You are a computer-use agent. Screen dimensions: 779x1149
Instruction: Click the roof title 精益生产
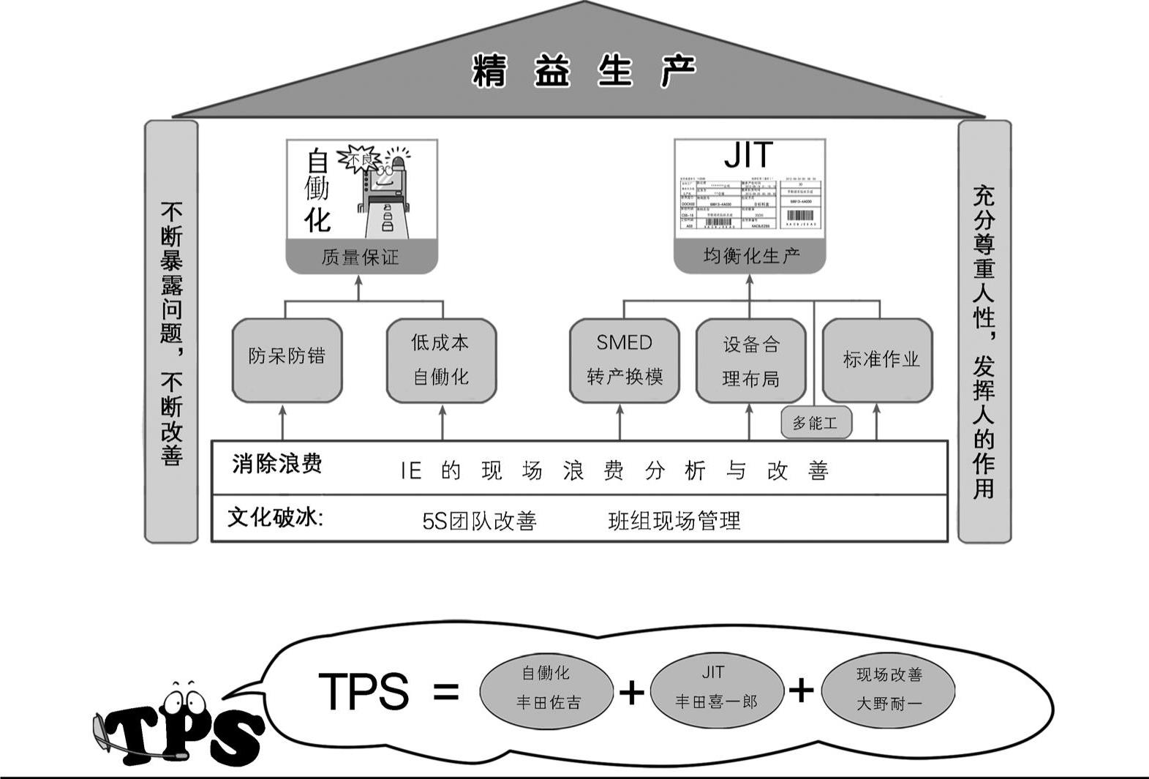[584, 71]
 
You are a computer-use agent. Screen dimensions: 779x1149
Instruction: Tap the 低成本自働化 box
[441, 360]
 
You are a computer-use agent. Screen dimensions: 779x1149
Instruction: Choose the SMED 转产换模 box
[624, 360]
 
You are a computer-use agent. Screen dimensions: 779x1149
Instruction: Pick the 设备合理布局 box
[750, 361]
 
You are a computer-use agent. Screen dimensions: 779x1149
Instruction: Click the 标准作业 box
[878, 360]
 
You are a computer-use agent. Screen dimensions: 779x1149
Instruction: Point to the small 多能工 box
[815, 423]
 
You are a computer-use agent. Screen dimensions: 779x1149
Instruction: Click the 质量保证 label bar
[361, 257]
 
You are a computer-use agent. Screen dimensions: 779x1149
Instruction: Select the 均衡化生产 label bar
[750, 256]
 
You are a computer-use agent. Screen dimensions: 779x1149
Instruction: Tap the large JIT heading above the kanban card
[748, 155]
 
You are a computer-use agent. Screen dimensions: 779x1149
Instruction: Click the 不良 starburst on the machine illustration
[358, 159]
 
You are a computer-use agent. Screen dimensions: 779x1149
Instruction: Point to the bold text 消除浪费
[276, 464]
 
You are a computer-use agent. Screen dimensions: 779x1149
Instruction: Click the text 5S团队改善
[479, 521]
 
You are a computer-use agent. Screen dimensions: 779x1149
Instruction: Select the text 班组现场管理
[674, 521]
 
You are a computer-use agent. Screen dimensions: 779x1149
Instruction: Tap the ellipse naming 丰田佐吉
[546, 688]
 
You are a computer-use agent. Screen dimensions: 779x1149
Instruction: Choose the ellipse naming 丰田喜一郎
[716, 688]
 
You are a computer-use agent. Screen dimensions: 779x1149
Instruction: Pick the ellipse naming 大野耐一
[888, 689]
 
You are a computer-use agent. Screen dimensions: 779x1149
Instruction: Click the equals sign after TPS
[445, 690]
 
